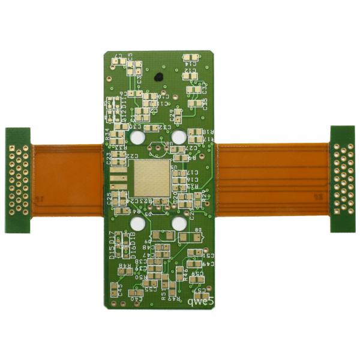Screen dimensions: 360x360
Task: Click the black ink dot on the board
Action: tap(158, 77)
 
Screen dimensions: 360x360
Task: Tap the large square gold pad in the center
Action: tap(151, 178)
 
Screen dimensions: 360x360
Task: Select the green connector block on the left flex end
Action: tap(18, 180)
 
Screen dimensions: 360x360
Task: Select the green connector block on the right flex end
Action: tap(342, 178)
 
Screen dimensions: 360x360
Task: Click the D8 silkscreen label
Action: tap(198, 230)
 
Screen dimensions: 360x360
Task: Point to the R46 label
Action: tap(185, 273)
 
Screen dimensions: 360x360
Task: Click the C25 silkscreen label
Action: tap(109, 199)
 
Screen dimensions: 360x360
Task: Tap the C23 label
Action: tap(109, 158)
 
